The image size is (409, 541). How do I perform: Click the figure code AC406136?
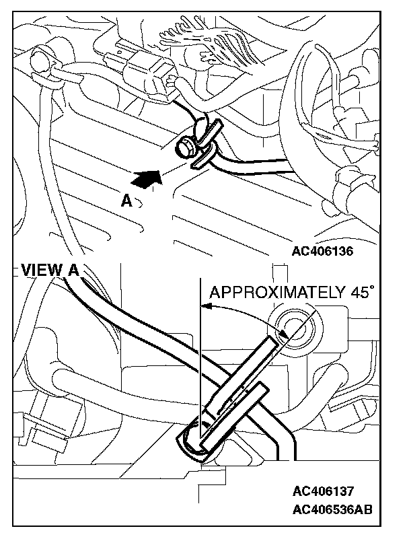pyautogui.click(x=323, y=251)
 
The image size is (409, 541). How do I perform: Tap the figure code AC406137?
pyautogui.click(x=323, y=491)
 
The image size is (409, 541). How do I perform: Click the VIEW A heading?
pyautogui.click(x=50, y=270)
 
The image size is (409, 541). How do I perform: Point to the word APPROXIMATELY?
pyautogui.click(x=276, y=292)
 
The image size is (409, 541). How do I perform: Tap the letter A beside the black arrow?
pyautogui.click(x=126, y=200)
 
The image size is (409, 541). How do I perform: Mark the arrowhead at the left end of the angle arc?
pyautogui.click(x=206, y=307)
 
